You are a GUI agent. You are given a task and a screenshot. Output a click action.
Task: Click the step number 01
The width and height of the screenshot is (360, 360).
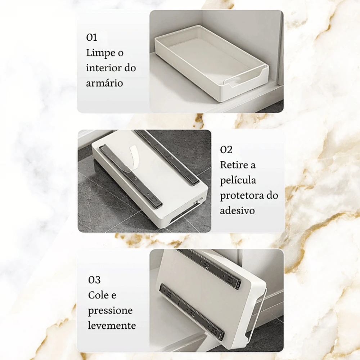coord(91,37)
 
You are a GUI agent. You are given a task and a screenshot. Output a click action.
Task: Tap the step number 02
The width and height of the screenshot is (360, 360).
coord(226,150)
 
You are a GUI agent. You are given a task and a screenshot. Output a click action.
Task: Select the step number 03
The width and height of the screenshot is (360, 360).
coord(94,280)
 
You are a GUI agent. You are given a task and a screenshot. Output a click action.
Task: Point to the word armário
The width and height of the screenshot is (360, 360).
coord(104,83)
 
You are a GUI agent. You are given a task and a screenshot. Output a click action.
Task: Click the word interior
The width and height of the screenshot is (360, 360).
coord(102,68)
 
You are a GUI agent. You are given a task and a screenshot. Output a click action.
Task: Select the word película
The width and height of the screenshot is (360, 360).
coord(238,180)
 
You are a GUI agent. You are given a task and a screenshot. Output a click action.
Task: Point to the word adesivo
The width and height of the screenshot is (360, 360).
coord(237,211)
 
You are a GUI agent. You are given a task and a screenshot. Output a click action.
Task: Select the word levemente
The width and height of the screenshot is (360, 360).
coord(112,325)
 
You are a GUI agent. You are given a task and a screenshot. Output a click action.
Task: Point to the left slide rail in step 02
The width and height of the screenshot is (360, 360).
coord(131,176)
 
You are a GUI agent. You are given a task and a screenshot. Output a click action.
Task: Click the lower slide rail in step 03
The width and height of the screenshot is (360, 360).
coord(192,306)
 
